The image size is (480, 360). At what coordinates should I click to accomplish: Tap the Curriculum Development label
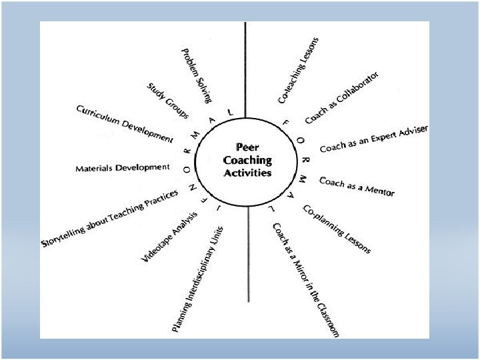pos(124,123)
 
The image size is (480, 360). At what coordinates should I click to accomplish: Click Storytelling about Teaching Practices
pos(110,219)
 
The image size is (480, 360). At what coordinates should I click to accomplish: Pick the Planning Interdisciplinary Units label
pos(198,279)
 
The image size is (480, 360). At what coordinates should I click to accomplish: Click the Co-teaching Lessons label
pos(298,70)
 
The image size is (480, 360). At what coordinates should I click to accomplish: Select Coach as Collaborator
pos(342,97)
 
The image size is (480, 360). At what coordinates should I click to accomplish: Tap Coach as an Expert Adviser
pos(373,138)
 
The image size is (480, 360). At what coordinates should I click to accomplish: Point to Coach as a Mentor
pos(357,186)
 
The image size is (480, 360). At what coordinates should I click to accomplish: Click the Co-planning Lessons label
pos(337,229)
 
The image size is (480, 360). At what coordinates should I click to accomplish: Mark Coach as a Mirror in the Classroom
pos(306,279)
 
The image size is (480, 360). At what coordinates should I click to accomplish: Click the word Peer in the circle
pos(249,148)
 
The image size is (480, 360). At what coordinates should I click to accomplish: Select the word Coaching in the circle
pos(249,160)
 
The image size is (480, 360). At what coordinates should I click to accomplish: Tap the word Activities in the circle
pos(249,172)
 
